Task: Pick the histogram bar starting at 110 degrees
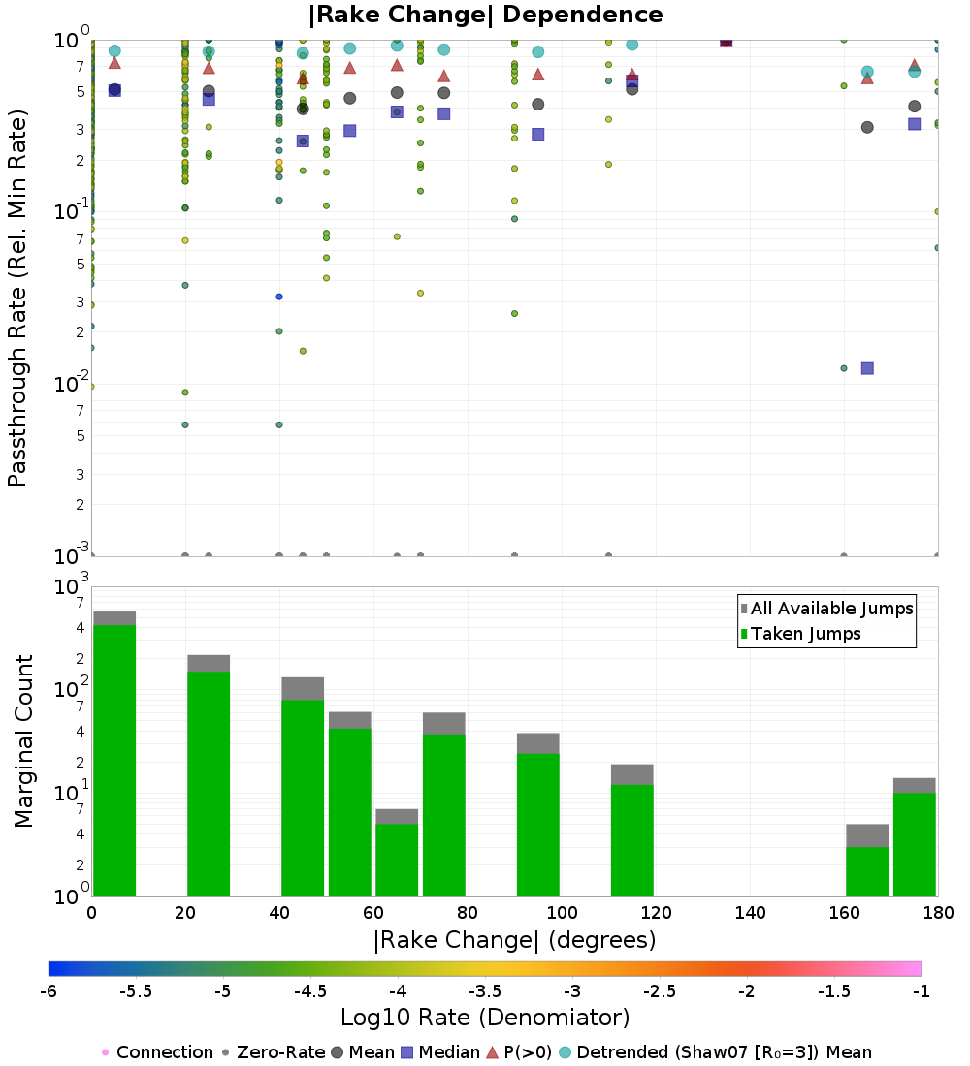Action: click(631, 838)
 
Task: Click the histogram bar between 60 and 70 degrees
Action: click(397, 858)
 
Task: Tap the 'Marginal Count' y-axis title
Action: click(23, 741)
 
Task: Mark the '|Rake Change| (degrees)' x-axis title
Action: click(515, 940)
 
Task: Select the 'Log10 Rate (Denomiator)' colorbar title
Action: click(485, 1018)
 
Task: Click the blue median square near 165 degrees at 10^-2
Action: click(867, 368)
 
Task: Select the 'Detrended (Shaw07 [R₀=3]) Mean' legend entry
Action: click(724, 1052)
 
